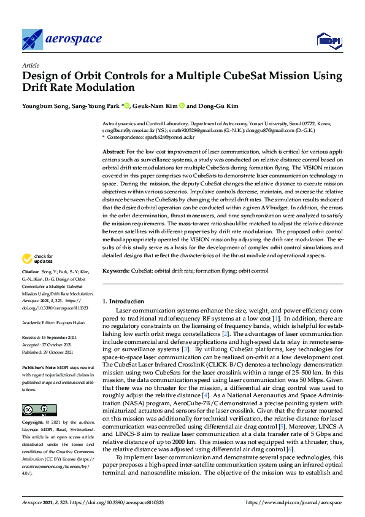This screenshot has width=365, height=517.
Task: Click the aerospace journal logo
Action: [61, 40]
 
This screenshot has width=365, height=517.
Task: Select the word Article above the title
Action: [30, 65]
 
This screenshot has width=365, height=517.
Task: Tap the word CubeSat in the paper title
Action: [234, 76]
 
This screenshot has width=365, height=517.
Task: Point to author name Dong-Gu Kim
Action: [218, 106]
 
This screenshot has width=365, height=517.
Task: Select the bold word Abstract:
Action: [113, 150]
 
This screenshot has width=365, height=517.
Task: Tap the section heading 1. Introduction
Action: [123, 301]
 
